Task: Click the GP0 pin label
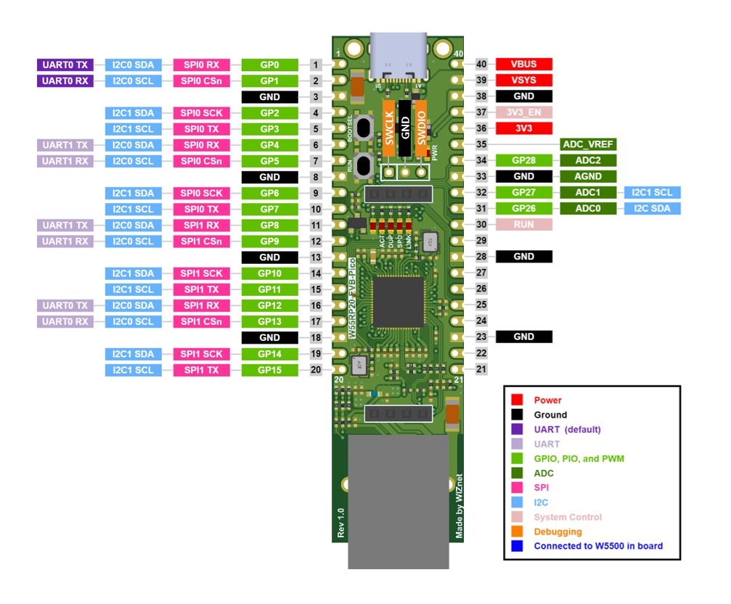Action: point(269,65)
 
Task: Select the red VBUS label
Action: point(524,65)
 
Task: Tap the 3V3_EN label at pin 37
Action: point(524,112)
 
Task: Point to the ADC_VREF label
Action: point(589,144)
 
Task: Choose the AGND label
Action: point(589,176)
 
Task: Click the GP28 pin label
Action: point(524,160)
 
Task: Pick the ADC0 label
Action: point(589,209)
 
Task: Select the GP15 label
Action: point(269,370)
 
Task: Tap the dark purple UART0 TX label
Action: point(65,65)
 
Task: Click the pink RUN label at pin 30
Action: point(524,225)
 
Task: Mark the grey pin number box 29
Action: point(481,241)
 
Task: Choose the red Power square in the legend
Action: point(517,400)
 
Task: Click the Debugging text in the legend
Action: point(558,531)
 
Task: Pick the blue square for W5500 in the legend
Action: point(517,546)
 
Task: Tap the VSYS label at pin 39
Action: point(524,80)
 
